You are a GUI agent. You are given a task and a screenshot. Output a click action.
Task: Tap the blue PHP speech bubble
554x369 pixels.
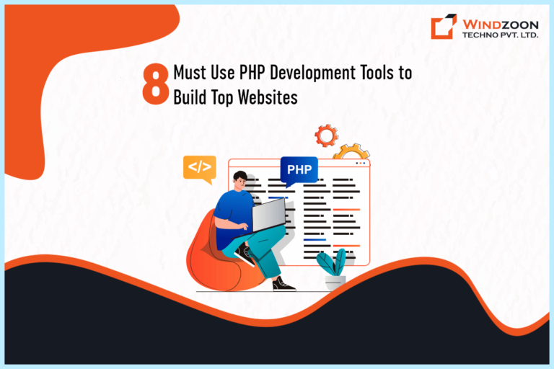(299, 171)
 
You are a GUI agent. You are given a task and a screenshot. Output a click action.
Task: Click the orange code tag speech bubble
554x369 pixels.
(199, 168)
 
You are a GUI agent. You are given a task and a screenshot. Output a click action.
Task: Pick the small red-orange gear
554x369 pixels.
(326, 135)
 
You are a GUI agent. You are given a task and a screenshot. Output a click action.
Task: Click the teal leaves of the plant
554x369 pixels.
(334, 262)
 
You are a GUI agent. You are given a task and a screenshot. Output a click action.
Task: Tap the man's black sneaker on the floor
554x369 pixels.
(283, 285)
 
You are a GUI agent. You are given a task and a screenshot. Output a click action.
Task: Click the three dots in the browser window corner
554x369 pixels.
(361, 164)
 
